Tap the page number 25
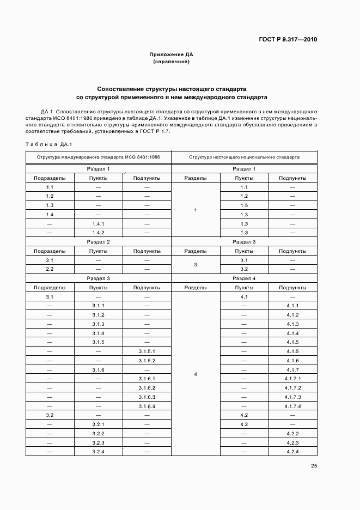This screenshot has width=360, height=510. coord(314,466)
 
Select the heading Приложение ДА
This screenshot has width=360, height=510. coord(172,54)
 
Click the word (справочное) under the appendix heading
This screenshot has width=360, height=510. coord(172,62)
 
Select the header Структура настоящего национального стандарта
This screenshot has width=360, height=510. coord(244,157)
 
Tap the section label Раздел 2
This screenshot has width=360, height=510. coord(99,241)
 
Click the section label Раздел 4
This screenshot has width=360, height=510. coord(244,278)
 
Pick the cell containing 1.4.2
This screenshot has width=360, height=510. coord(98,233)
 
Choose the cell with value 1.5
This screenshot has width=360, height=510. coord(244,205)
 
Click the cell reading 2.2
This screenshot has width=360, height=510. coord(50,269)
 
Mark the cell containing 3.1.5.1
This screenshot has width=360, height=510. coord(147,351)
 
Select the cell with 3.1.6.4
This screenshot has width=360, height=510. coord(147,406)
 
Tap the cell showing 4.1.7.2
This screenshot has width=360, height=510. coord(292,388)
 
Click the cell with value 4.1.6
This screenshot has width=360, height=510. coord(292,361)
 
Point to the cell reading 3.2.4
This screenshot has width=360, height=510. coord(98,452)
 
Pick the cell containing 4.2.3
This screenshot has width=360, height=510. coord(292,443)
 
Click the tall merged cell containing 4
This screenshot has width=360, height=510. coord(196,374)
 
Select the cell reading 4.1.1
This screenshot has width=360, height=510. coord(292,306)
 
